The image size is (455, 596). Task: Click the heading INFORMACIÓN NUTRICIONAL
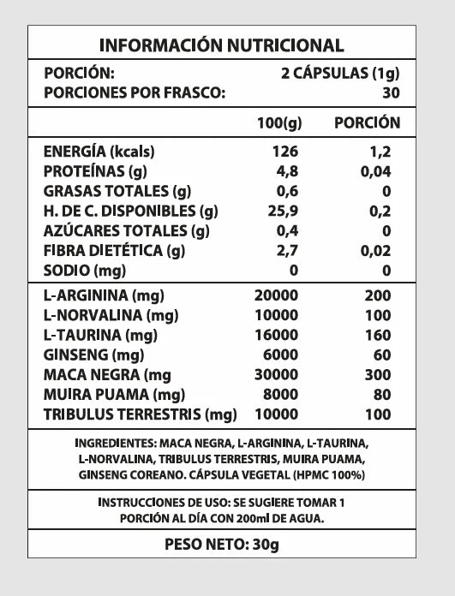(x=222, y=45)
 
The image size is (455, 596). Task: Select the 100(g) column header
(x=279, y=123)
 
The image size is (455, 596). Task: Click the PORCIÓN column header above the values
(x=367, y=122)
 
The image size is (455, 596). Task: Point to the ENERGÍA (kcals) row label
(x=99, y=152)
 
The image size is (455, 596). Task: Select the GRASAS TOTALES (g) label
(x=117, y=191)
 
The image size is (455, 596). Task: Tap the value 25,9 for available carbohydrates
(x=283, y=211)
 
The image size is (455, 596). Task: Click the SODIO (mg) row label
(x=84, y=271)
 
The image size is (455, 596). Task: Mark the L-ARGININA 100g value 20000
(x=276, y=296)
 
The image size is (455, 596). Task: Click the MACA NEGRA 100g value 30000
(x=276, y=375)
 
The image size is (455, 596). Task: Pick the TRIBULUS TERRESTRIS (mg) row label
(x=140, y=414)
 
